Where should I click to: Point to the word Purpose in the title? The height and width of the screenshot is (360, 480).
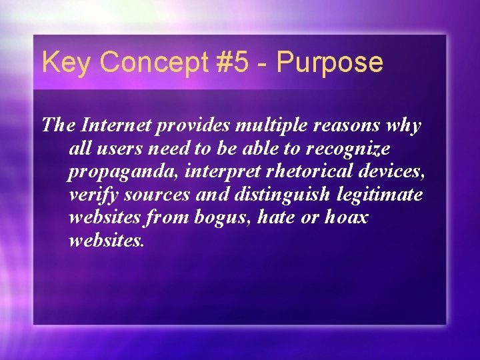[x=330, y=63]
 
